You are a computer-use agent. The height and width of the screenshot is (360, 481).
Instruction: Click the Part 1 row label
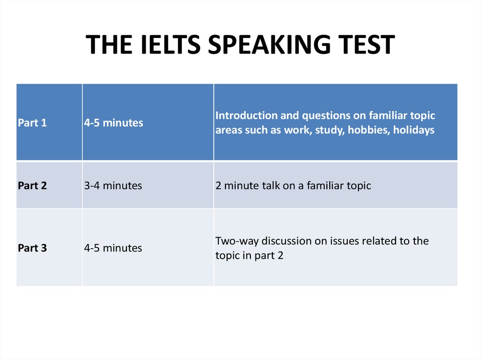[32, 123]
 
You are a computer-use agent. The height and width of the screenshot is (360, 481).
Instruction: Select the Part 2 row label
[32, 185]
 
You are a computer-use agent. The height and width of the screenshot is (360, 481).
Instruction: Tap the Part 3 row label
[32, 248]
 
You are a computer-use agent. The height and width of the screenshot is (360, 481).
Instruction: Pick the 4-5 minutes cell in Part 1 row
[113, 123]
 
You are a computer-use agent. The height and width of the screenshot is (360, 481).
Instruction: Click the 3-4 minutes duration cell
[113, 185]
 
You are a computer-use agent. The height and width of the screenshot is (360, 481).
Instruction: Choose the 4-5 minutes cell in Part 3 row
[113, 248]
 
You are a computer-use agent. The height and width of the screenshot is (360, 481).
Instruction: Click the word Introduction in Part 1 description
[246, 115]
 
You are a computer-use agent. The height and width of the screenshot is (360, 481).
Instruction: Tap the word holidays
[414, 130]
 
